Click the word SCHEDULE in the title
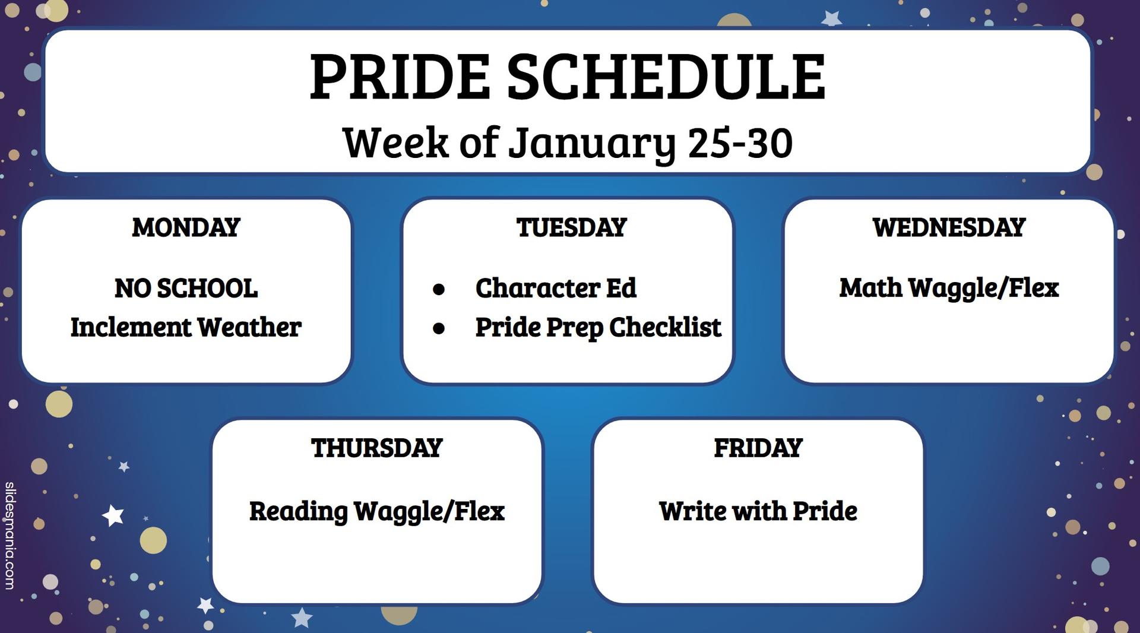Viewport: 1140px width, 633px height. click(x=666, y=77)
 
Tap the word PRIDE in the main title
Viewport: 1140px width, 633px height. click(x=400, y=77)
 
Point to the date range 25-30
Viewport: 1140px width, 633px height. click(x=740, y=143)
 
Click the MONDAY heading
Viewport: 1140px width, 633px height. click(x=186, y=227)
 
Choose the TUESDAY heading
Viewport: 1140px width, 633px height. click(x=571, y=227)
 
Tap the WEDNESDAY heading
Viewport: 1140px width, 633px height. click(x=949, y=227)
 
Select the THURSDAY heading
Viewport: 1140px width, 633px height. click(x=377, y=448)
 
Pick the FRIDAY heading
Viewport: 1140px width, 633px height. click(x=758, y=448)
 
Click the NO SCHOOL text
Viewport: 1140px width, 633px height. click(x=186, y=289)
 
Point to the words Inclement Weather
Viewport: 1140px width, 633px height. click(x=186, y=327)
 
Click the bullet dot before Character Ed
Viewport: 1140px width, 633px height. click(x=439, y=289)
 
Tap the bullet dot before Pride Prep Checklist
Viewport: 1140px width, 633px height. click(x=439, y=328)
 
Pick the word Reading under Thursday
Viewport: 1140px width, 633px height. click(x=298, y=512)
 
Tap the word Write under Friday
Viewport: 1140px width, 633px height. click(x=693, y=511)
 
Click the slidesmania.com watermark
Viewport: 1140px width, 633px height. click(x=9, y=536)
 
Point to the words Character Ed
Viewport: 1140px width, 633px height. click(x=556, y=288)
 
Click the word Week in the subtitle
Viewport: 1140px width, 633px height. click(x=395, y=143)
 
